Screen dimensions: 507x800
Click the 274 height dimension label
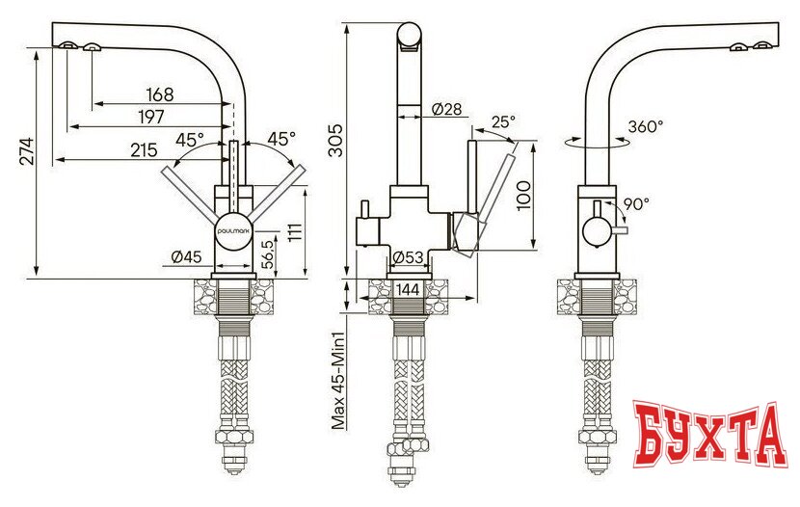pos(27,150)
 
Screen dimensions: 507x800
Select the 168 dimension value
pos(159,94)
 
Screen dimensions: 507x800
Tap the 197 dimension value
pos(150,116)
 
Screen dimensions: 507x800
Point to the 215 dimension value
pos(145,149)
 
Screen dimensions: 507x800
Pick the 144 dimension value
pos(409,288)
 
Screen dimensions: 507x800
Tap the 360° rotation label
pos(646,126)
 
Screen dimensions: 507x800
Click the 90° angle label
pos(636,203)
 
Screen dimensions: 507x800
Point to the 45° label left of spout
pos(190,139)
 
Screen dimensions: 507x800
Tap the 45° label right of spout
pos(280,139)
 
